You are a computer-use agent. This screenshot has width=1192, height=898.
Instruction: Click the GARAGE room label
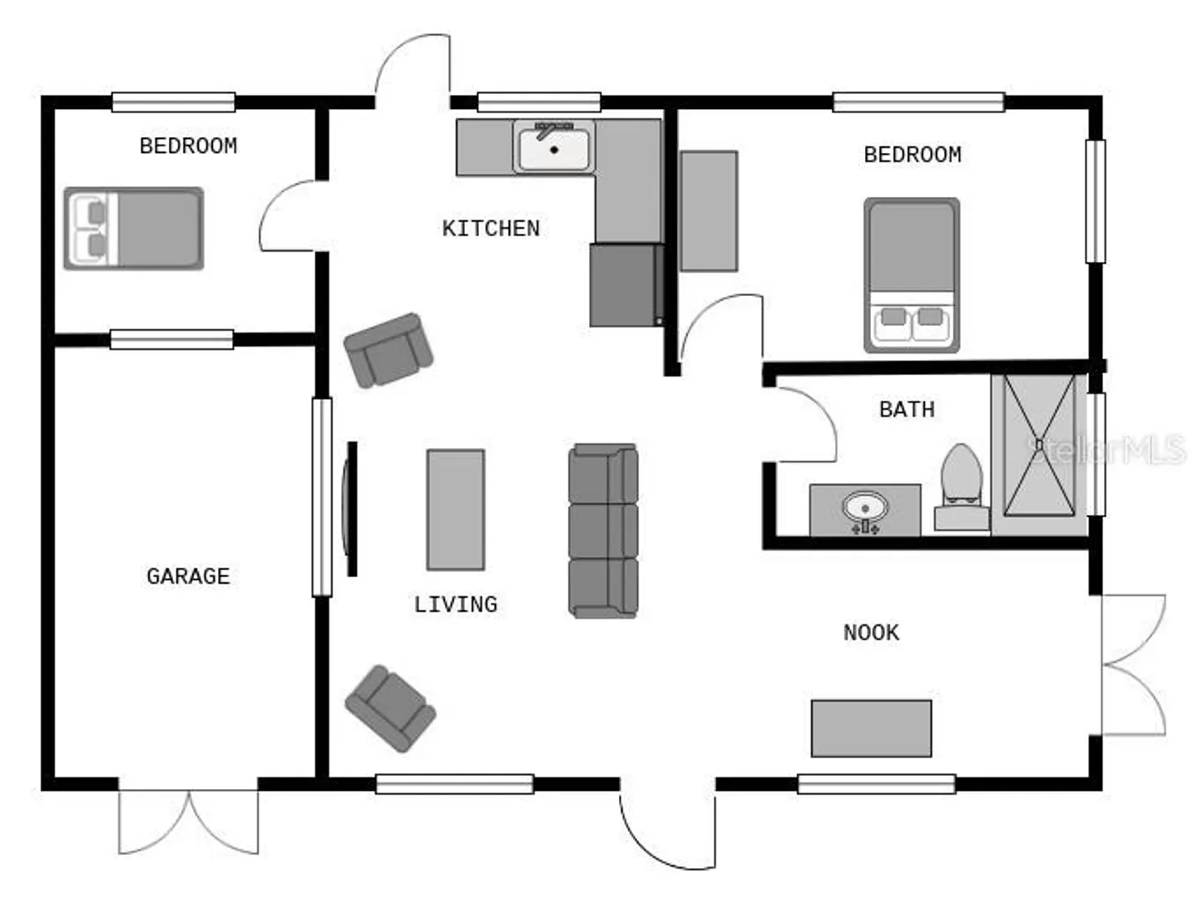point(188,575)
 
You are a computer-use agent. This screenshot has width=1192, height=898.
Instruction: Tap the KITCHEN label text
point(491,229)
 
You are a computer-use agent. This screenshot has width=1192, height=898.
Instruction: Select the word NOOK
point(871,633)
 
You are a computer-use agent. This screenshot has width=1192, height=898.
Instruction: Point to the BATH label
point(907,410)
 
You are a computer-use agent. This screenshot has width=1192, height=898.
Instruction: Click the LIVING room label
point(456,604)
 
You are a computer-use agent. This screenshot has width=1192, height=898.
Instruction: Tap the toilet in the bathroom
point(962,486)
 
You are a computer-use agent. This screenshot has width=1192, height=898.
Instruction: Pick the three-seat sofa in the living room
point(603,530)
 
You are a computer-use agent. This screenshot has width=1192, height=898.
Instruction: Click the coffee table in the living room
point(455,510)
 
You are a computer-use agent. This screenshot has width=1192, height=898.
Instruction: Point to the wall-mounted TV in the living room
point(350,509)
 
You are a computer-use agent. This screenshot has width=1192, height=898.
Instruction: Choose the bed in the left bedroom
point(134,229)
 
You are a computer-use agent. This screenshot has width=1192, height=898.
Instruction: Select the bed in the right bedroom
point(912,275)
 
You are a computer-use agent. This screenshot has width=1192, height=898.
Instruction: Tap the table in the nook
point(871,728)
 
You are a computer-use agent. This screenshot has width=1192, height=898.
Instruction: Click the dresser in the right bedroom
point(709,211)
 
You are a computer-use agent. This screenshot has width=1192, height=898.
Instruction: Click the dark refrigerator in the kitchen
point(626,285)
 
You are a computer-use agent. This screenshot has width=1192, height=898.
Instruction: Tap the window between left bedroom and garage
point(171,339)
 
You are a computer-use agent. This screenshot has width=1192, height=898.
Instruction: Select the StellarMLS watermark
point(1105,449)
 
